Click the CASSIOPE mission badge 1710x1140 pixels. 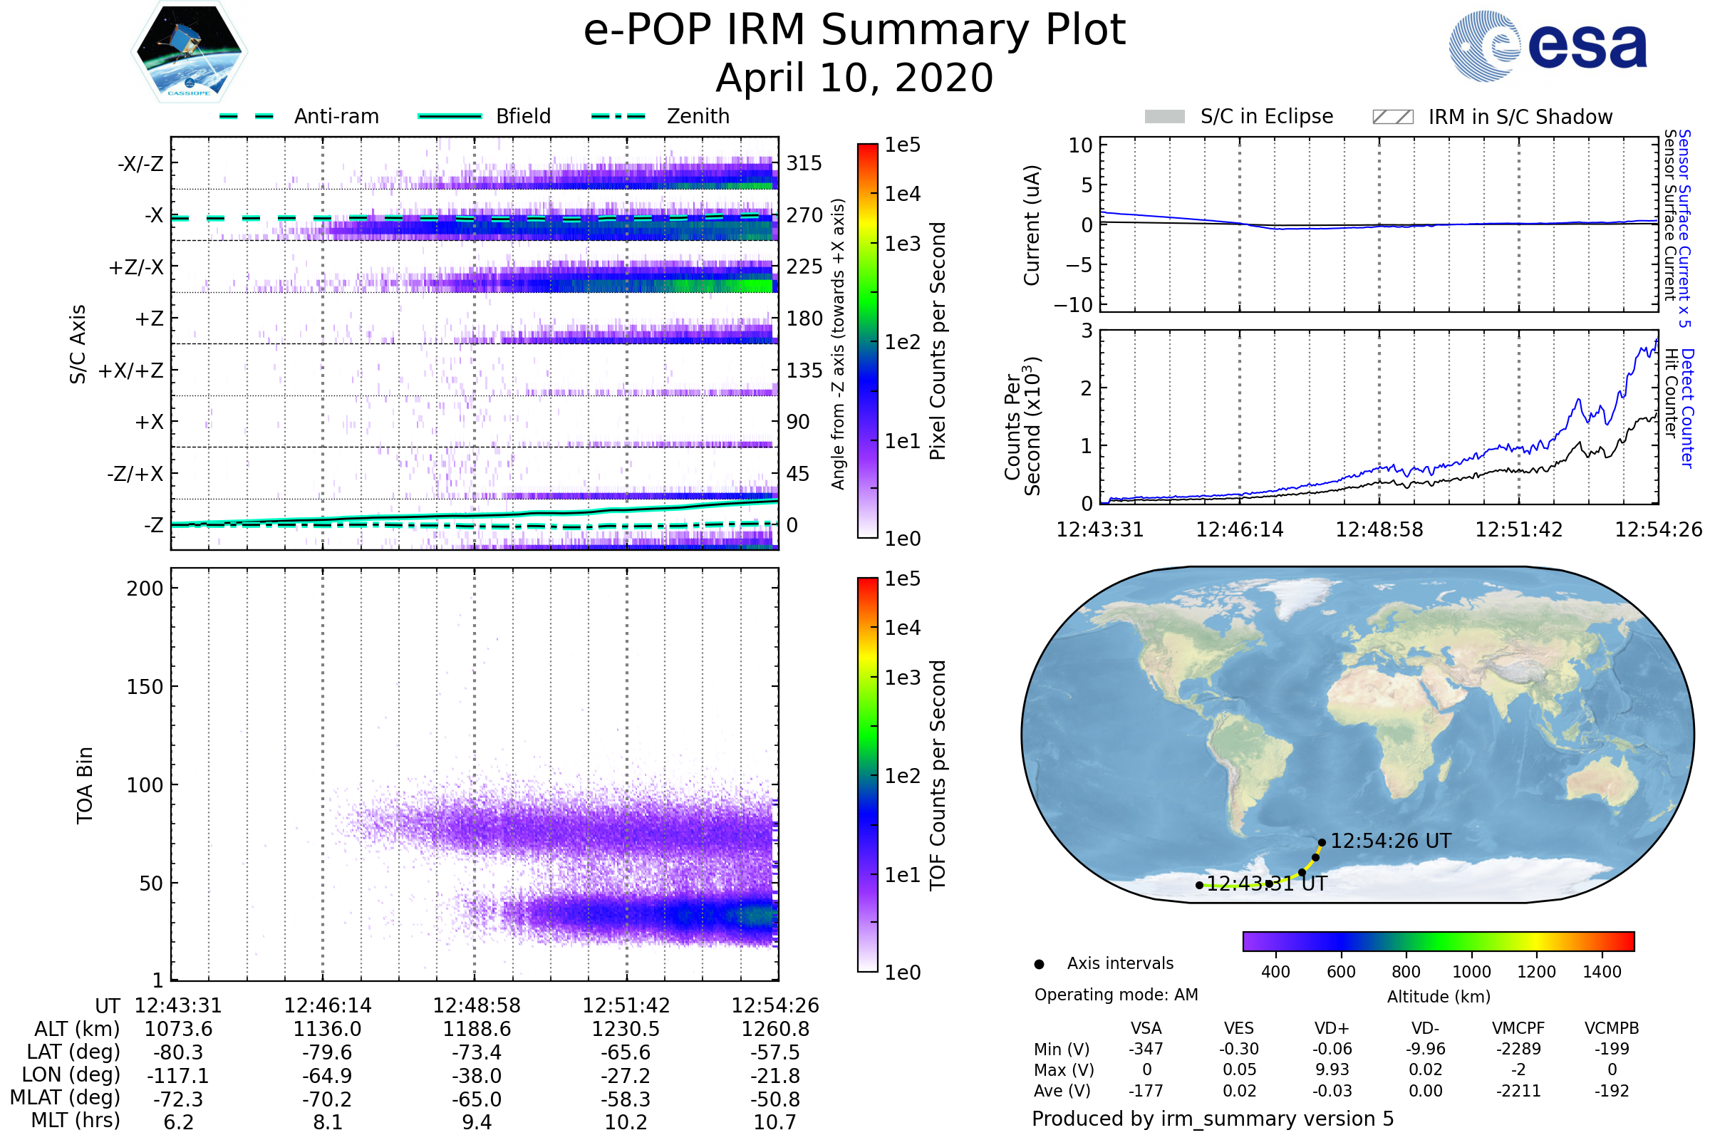[x=189, y=51]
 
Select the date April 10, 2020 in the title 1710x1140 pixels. [x=854, y=78]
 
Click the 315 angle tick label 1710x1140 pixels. [x=804, y=163]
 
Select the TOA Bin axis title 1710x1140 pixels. [x=85, y=784]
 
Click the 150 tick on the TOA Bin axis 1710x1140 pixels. [x=145, y=686]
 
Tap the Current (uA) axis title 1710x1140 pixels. [x=1032, y=224]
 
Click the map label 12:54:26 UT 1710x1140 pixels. [x=1390, y=841]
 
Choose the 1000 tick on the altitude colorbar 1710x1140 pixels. [x=1471, y=971]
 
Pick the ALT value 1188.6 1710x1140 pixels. [x=477, y=1029]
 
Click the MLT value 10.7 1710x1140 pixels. [x=775, y=1121]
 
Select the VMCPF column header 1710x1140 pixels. [x=1518, y=1028]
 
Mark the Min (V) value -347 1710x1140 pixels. [x=1146, y=1048]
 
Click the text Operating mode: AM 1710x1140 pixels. [x=1116, y=994]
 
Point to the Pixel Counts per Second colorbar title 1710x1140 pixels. [x=938, y=341]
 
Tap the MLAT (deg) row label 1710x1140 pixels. [x=66, y=1098]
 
